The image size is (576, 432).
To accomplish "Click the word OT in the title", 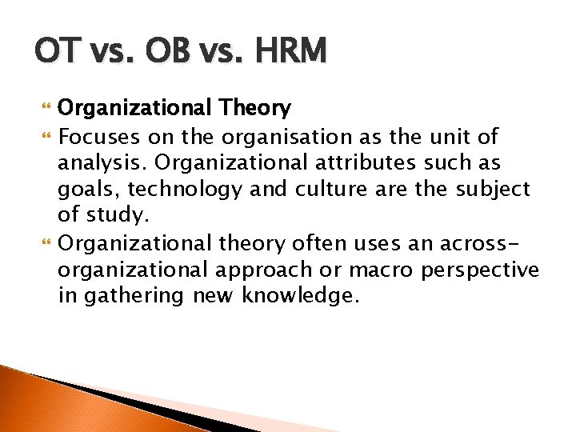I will click(x=55, y=52).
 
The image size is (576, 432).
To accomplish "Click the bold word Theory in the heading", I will click(x=258, y=107).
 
